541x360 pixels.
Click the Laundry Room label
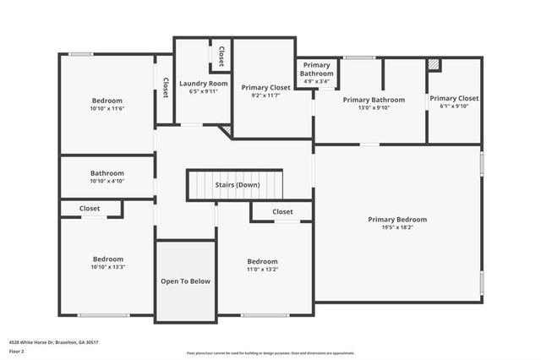click(x=204, y=83)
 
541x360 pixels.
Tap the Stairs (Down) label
click(x=236, y=184)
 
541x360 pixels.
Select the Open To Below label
click(x=185, y=281)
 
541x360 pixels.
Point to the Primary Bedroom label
click(x=397, y=219)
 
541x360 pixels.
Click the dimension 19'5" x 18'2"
click(x=397, y=227)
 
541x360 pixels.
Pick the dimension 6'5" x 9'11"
click(x=204, y=91)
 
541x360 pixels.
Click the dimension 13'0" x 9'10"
click(x=374, y=107)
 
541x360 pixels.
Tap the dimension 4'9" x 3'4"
click(x=317, y=82)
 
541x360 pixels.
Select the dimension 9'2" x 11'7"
click(x=265, y=95)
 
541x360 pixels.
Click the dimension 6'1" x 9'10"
click(x=455, y=106)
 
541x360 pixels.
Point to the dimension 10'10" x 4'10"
click(x=107, y=181)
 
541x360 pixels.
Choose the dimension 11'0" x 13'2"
click(x=262, y=270)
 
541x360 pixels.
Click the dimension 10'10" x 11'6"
click(x=107, y=109)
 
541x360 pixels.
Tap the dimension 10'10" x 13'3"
click(x=107, y=267)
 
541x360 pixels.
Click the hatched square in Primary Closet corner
click(x=434, y=63)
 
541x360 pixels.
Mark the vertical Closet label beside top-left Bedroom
click(x=166, y=88)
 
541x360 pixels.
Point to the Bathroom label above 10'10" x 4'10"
click(x=107, y=172)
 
